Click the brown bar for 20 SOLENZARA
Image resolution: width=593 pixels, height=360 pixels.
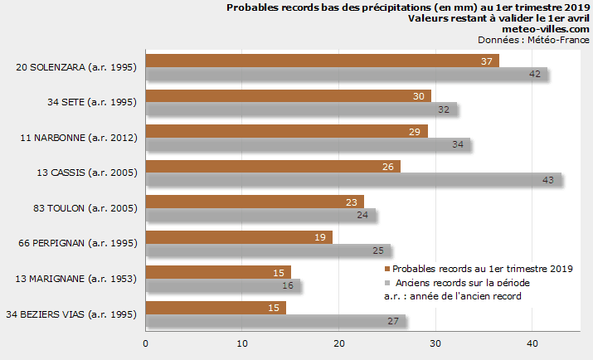(322, 61)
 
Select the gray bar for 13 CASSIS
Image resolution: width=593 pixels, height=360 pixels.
(353, 179)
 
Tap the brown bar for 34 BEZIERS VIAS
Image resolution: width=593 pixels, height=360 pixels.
(216, 308)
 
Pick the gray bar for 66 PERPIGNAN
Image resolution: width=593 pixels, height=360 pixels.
(267, 250)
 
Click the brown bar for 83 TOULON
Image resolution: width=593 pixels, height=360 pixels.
(255, 202)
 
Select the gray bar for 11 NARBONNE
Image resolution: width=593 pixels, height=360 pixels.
(308, 144)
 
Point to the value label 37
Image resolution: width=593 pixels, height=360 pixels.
(487, 61)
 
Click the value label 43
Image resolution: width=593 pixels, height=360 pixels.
(547, 180)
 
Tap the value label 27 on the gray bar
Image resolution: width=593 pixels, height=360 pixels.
(393, 321)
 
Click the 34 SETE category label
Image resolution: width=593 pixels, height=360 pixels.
(81, 102)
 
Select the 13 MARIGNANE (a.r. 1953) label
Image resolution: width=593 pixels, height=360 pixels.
(75, 279)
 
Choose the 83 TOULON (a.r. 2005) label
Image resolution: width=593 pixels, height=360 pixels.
(80, 208)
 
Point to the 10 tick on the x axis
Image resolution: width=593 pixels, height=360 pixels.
(242, 343)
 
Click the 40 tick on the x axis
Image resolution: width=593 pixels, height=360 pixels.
(532, 343)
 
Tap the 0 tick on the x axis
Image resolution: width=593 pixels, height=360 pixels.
(146, 343)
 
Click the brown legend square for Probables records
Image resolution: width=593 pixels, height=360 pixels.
(386, 269)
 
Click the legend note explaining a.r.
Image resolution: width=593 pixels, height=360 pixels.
(452, 297)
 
